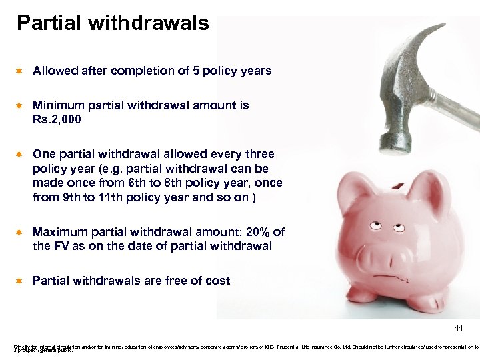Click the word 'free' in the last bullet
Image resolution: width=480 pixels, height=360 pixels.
[180, 281]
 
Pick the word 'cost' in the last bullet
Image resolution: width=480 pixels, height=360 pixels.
[217, 281]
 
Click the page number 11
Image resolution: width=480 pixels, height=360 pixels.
[458, 329]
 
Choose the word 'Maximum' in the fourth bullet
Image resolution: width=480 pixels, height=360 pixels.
[59, 232]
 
